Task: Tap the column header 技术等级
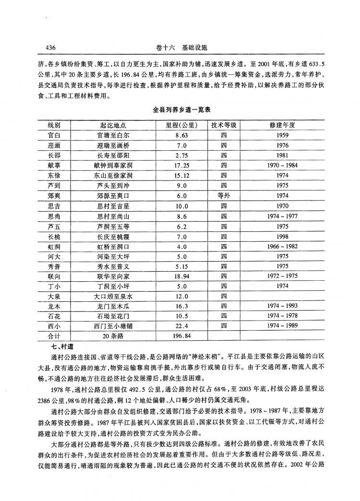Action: [224, 125]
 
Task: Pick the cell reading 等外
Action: [224, 196]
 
